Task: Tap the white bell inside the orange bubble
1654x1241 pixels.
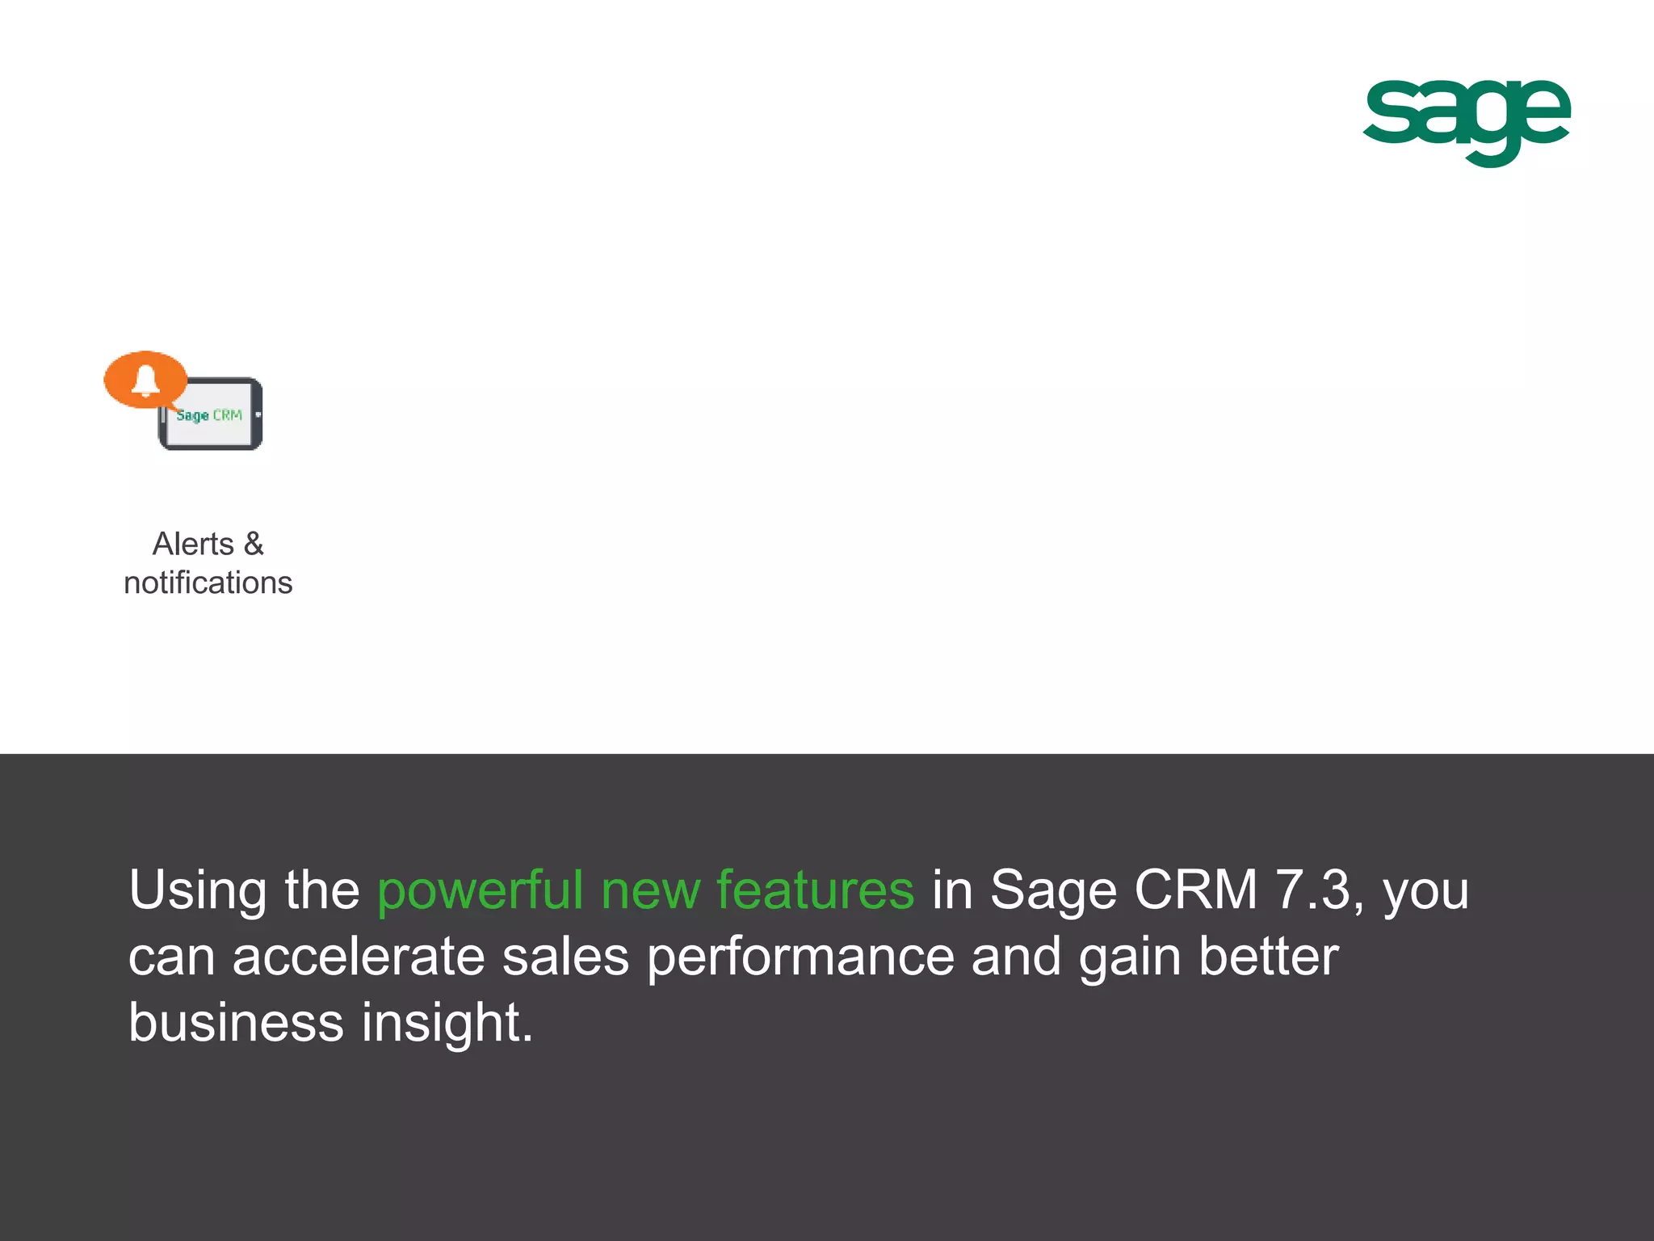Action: click(145, 380)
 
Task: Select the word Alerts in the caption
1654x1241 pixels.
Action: click(193, 545)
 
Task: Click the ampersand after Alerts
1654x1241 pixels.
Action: click(254, 545)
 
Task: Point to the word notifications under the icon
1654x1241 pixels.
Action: click(208, 583)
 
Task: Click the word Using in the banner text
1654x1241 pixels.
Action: click(198, 890)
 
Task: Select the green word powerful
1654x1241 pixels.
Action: click(480, 890)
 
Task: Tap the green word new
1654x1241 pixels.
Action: click(651, 890)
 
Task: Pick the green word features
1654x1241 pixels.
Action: click(815, 890)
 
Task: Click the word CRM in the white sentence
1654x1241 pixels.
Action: click(1195, 890)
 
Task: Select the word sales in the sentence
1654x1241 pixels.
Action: click(565, 957)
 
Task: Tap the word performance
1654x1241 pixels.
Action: click(800, 957)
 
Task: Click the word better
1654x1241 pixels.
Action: click(1268, 957)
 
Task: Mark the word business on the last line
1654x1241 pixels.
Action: click(236, 1024)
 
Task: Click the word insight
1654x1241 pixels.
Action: click(447, 1024)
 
